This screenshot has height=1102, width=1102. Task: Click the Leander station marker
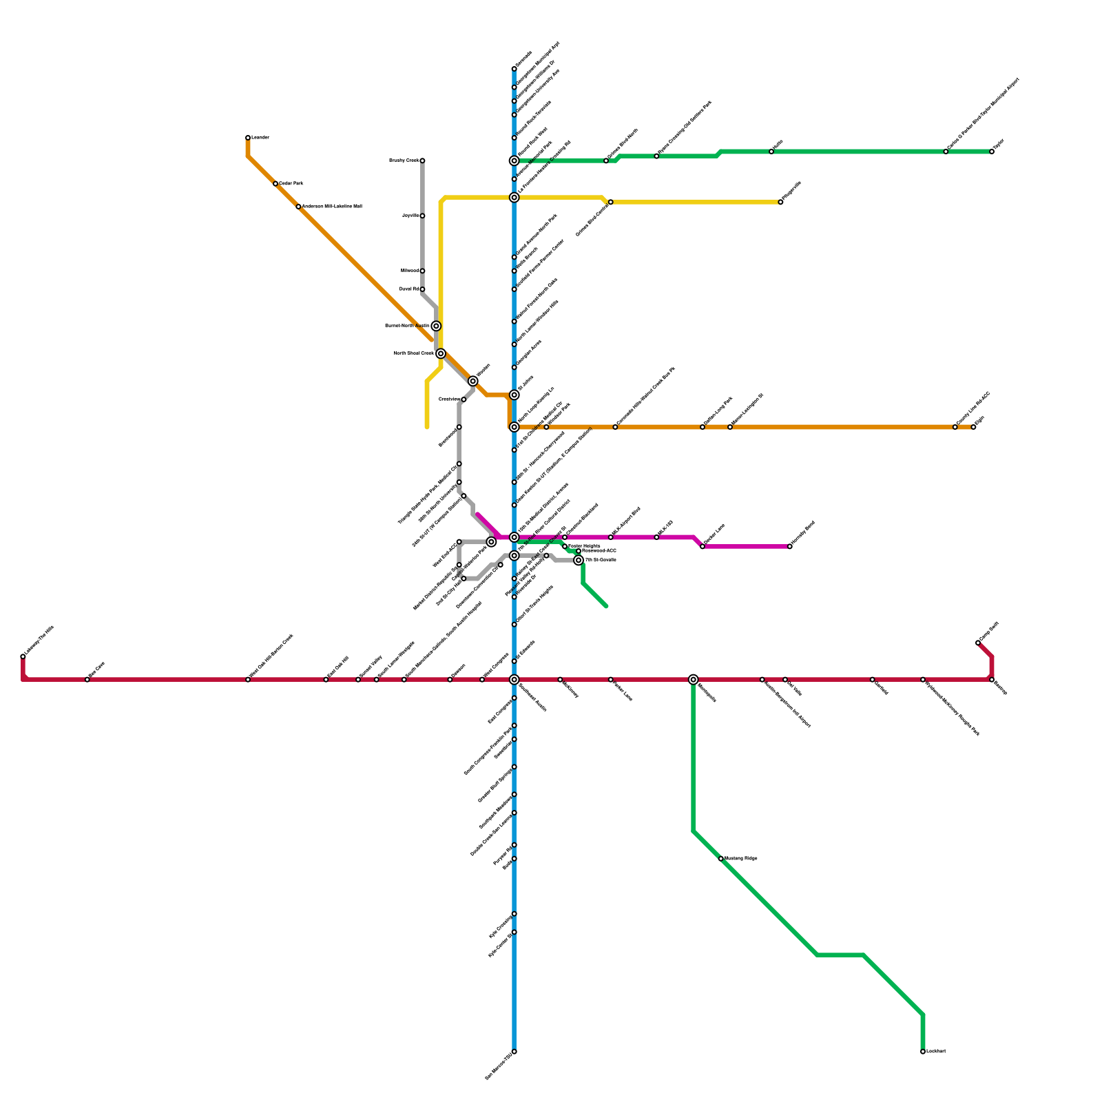click(248, 138)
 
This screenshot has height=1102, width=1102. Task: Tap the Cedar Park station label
click(291, 184)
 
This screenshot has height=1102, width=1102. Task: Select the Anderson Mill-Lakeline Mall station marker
click(298, 207)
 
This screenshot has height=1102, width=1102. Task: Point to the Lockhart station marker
click(923, 1052)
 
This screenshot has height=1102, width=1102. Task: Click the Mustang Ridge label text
click(741, 859)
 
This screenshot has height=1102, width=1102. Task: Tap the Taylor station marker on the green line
click(992, 152)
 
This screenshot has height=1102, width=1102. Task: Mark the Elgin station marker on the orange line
click(973, 427)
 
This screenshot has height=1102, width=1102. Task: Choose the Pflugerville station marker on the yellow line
click(780, 202)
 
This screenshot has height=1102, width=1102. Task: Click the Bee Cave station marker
click(87, 680)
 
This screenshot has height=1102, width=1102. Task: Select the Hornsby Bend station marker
click(790, 547)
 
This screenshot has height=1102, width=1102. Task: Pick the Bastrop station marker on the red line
click(992, 680)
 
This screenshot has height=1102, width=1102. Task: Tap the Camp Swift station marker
click(978, 643)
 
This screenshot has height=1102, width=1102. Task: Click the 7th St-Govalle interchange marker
click(579, 561)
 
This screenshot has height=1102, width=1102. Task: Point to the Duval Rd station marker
click(422, 289)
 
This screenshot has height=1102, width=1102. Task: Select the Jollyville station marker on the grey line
click(422, 216)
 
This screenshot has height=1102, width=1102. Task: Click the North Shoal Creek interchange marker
click(441, 353)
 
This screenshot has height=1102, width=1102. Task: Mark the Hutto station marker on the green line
click(771, 152)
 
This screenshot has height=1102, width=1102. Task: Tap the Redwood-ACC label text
click(599, 551)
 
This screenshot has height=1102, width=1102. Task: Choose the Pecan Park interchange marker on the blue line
click(514, 160)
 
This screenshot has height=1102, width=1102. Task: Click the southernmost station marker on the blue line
click(514, 1052)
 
